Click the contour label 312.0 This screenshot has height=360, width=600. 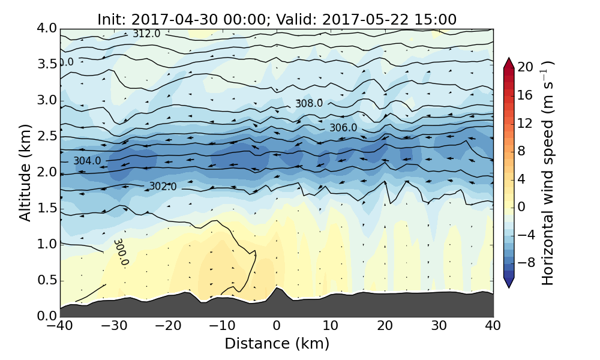coord(146,34)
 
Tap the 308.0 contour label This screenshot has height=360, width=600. coord(308,103)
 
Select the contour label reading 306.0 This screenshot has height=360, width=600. coord(343,128)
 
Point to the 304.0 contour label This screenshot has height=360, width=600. coord(87,161)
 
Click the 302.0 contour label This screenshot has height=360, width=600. coord(163,187)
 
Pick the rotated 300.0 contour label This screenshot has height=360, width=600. coord(121,252)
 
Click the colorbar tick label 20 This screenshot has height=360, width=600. coord(526,67)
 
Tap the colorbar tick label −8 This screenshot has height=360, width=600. coord(526,262)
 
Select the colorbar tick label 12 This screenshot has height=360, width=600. coord(526,123)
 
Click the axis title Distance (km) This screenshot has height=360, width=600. coord(277,344)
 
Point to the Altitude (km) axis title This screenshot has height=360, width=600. coord(25,172)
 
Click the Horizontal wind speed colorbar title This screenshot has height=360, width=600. coord(548,173)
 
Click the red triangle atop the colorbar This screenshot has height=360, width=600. coord(508,62)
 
